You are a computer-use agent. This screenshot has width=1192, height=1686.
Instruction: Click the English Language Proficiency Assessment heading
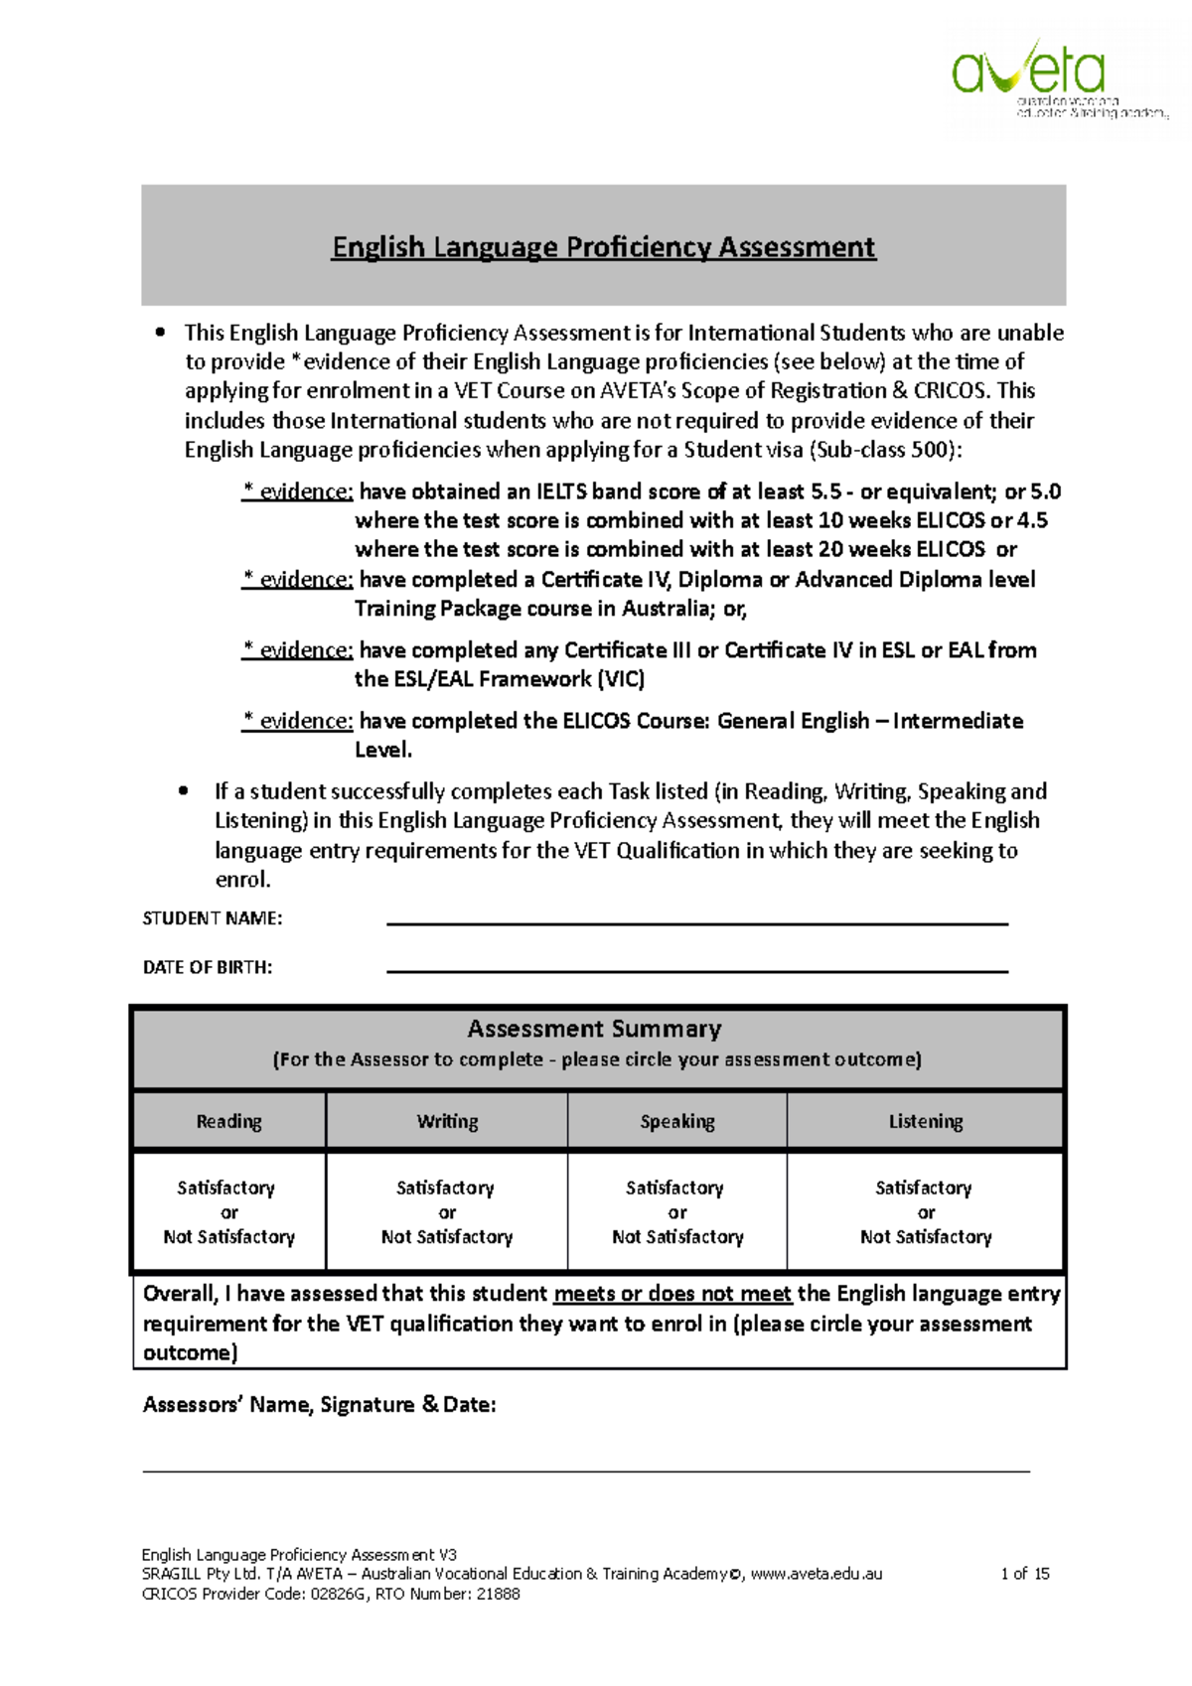click(603, 246)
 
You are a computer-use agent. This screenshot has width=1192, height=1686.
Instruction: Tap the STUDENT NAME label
click(212, 918)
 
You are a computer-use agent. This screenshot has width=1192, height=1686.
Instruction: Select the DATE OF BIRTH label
click(207, 967)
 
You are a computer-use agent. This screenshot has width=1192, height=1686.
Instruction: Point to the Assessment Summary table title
click(594, 1029)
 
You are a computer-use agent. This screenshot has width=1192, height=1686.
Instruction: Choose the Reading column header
click(228, 1121)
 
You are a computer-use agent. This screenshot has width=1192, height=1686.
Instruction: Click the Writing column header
click(447, 1121)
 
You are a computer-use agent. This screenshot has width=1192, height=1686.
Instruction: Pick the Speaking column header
click(676, 1121)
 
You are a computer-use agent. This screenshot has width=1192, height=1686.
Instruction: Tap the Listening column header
click(925, 1121)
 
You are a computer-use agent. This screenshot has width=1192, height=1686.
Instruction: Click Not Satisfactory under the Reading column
click(228, 1237)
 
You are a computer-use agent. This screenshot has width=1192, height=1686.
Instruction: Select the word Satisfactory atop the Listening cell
click(923, 1188)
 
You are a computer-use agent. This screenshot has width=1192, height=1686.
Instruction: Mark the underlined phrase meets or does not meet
click(671, 1294)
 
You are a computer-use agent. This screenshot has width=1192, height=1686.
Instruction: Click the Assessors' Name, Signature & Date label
click(319, 1405)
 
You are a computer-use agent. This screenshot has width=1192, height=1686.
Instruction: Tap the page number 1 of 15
click(1024, 1574)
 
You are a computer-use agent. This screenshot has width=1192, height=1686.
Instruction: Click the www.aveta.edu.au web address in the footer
click(816, 1574)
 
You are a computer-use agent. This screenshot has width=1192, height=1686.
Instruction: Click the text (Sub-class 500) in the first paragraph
click(884, 450)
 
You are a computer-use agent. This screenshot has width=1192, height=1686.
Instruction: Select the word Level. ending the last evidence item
click(382, 750)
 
